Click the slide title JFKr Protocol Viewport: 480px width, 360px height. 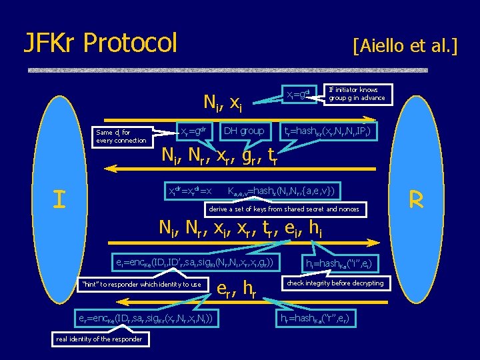101,43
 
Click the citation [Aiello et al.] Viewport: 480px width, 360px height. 405,46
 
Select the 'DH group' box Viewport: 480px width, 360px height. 243,131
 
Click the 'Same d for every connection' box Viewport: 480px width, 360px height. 121,137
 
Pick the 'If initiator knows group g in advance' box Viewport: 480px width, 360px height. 357,94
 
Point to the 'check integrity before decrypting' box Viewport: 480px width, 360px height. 335,283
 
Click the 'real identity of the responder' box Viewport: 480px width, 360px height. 99,339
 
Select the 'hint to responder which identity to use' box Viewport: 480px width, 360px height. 141,285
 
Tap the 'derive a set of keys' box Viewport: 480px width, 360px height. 284,209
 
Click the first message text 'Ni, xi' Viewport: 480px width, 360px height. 222,102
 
